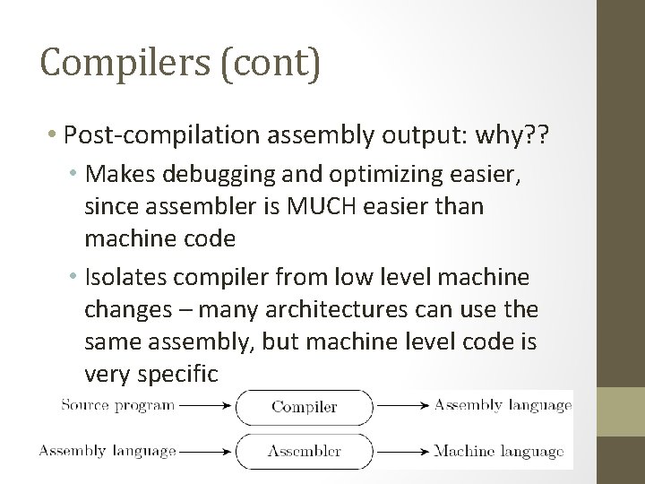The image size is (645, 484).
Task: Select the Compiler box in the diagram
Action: [x=304, y=407]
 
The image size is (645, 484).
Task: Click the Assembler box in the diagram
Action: [x=304, y=450]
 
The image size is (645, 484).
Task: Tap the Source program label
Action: [x=117, y=405]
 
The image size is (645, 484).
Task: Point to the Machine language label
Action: [x=498, y=450]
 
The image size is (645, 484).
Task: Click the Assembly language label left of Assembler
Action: [x=107, y=450]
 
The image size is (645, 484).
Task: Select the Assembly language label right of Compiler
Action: [x=503, y=405]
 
